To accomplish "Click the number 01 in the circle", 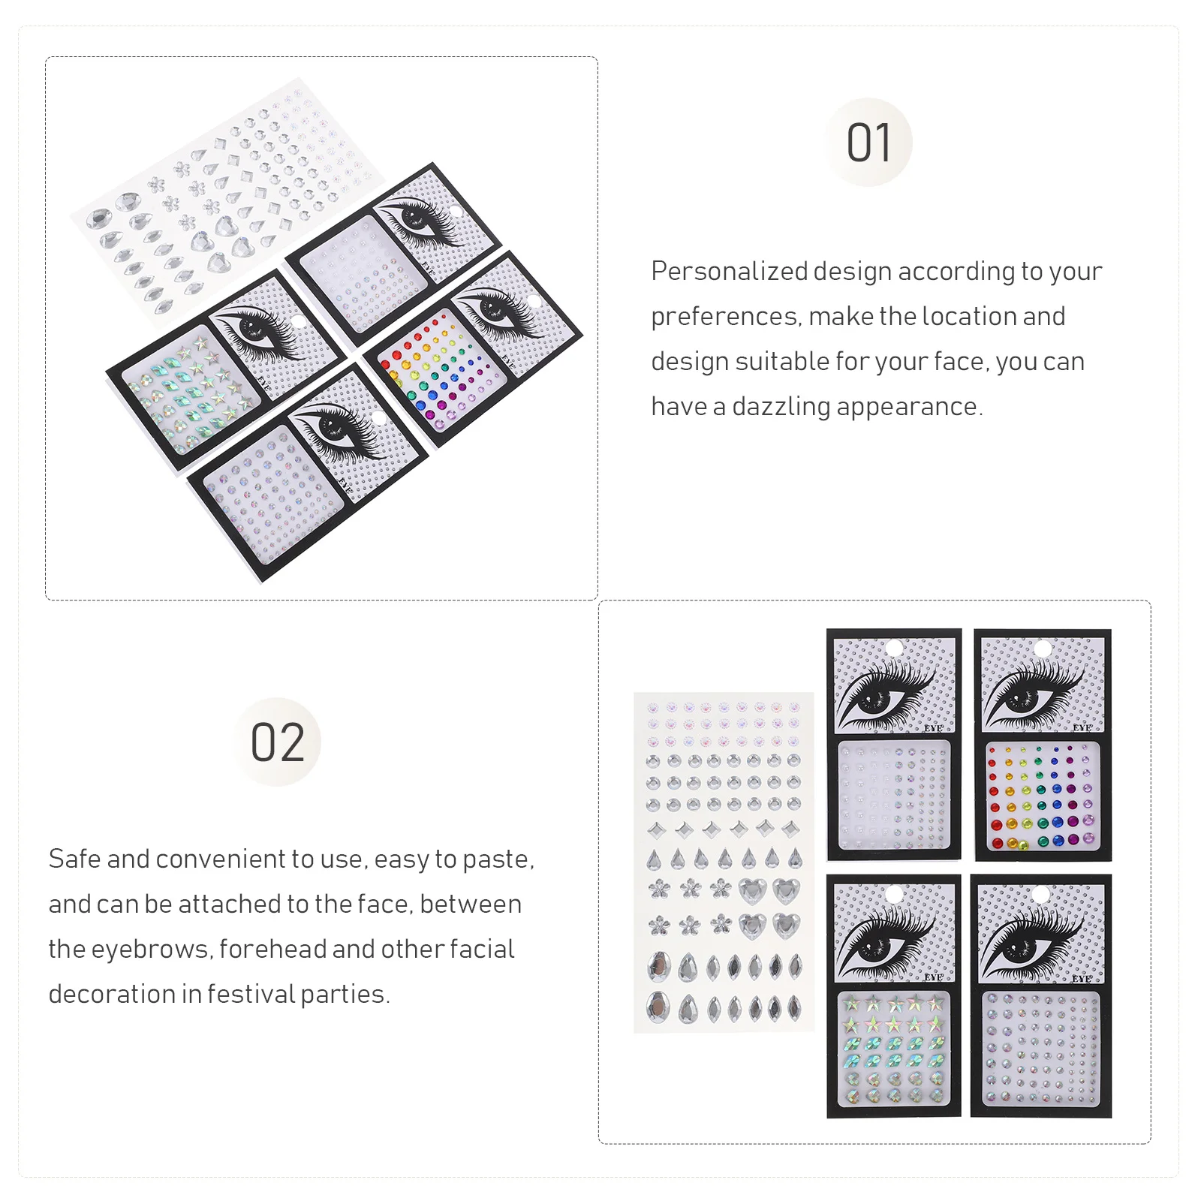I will [x=868, y=143].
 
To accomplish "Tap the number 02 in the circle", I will [x=277, y=742].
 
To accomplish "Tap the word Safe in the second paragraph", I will [x=74, y=859].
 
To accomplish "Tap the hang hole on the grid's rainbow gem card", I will [x=1043, y=648].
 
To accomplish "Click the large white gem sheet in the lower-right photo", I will [x=724, y=862].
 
